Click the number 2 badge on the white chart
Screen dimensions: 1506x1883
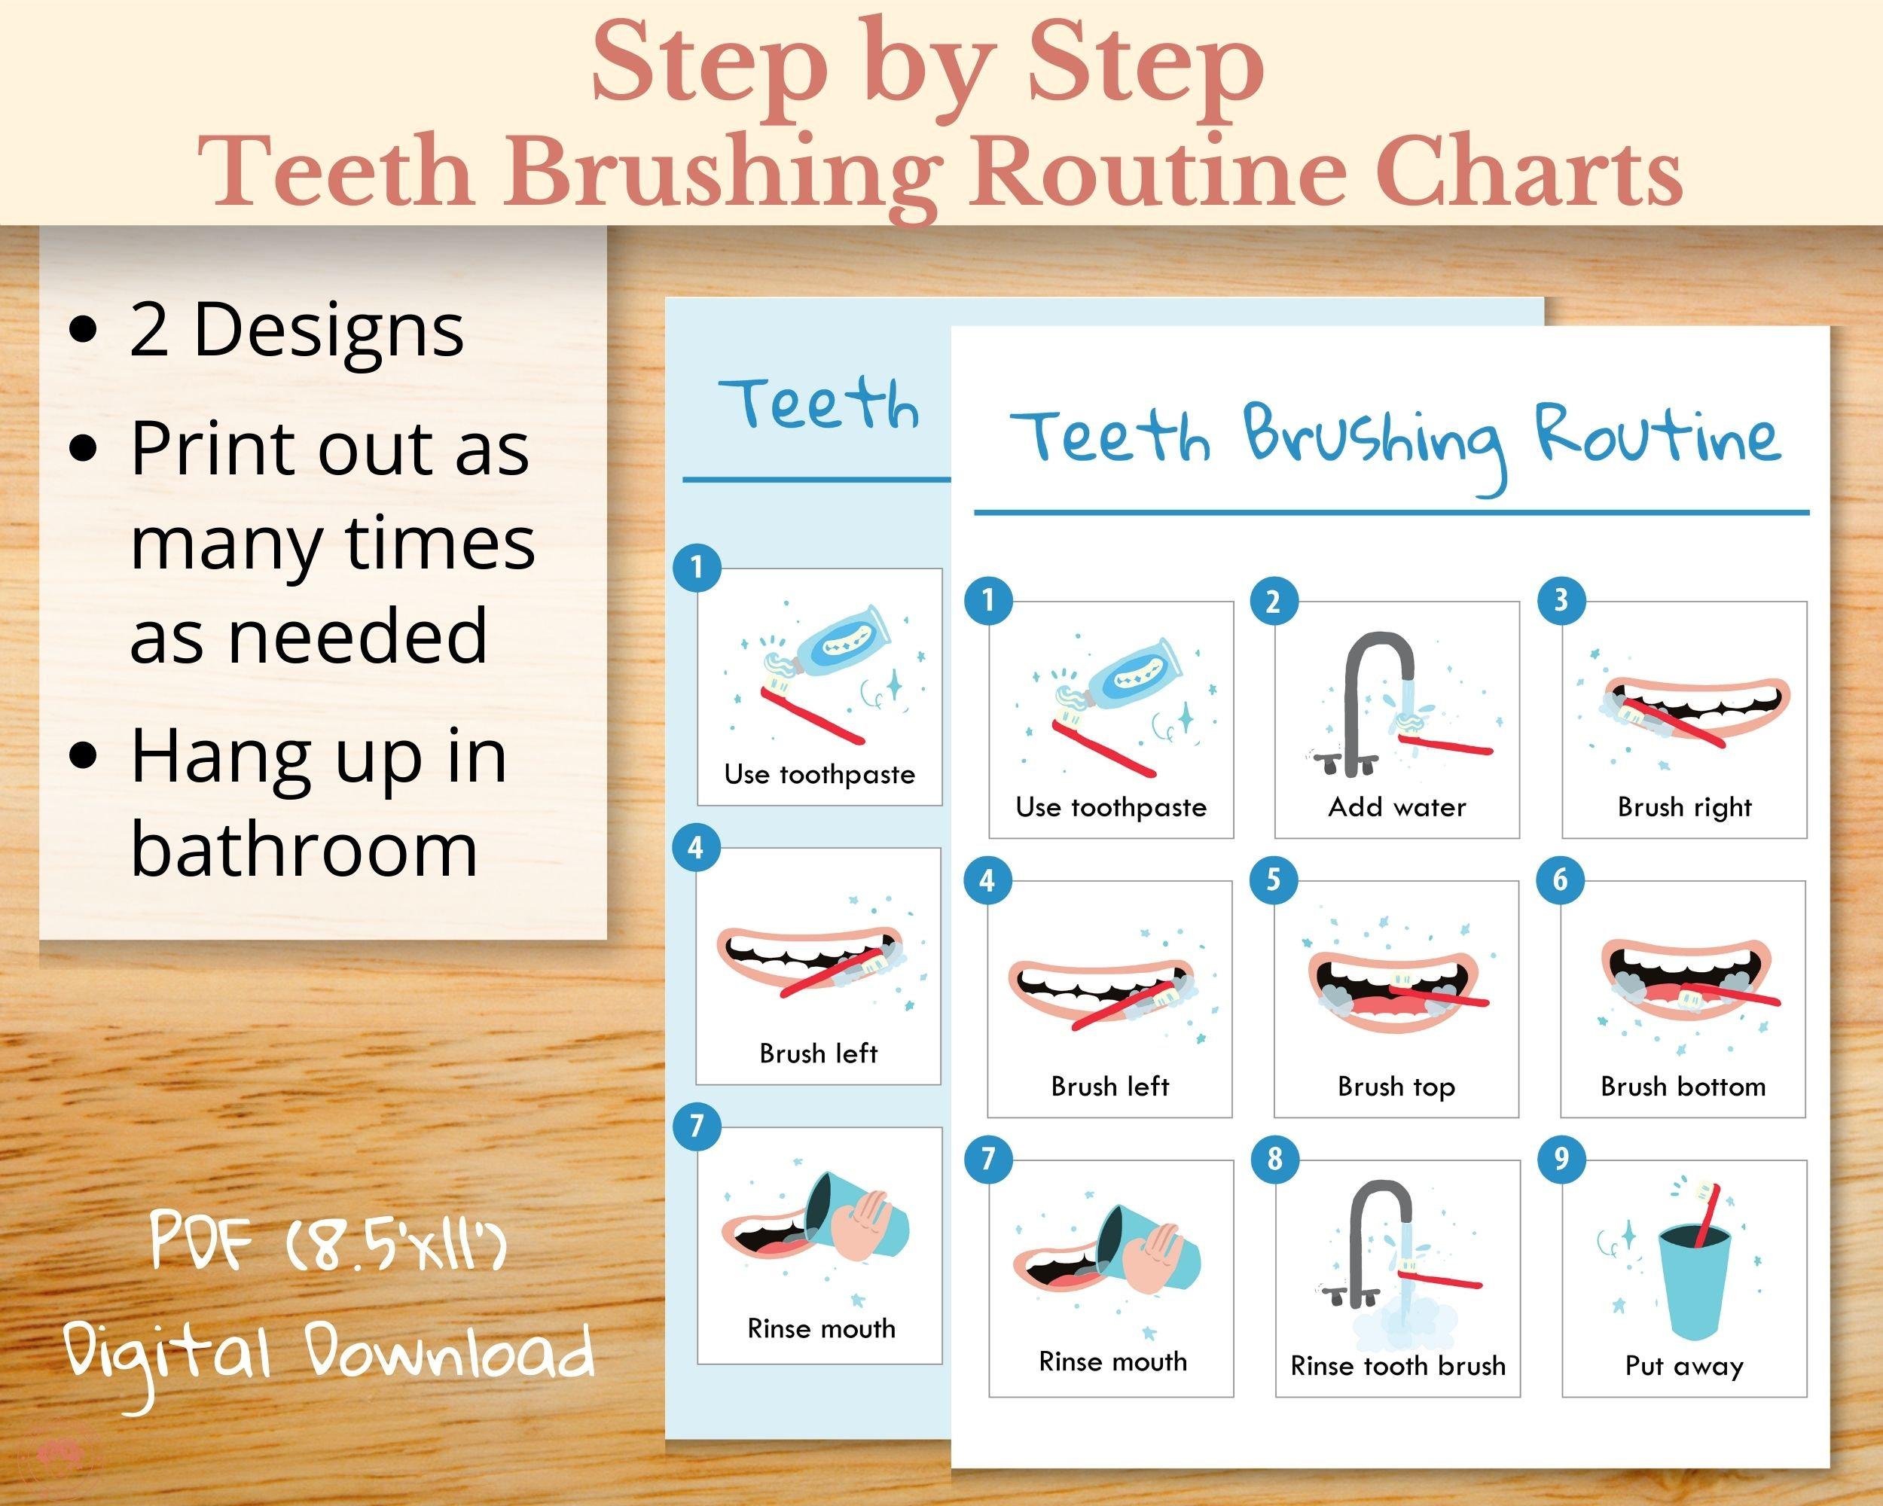pos(1274,602)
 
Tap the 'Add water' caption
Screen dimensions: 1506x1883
pos(1396,806)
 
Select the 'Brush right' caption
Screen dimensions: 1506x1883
pos(1684,807)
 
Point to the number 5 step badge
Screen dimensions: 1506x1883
pos(1274,880)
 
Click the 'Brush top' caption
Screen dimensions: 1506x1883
pos(1396,1087)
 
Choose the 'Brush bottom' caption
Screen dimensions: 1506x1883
pos(1683,1087)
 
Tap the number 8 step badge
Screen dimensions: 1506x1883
pos(1275,1160)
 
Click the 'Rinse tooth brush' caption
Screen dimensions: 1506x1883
pos(1397,1365)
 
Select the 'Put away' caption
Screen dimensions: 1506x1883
pos(1684,1365)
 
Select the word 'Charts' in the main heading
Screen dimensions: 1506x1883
pos(1528,171)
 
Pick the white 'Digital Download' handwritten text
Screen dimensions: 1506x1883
pos(328,1354)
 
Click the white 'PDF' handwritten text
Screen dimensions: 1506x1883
pos(202,1241)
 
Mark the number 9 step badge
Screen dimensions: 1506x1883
pos(1561,1160)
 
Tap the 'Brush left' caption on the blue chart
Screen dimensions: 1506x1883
pos(819,1053)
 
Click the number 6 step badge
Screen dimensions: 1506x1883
pos(1561,880)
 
